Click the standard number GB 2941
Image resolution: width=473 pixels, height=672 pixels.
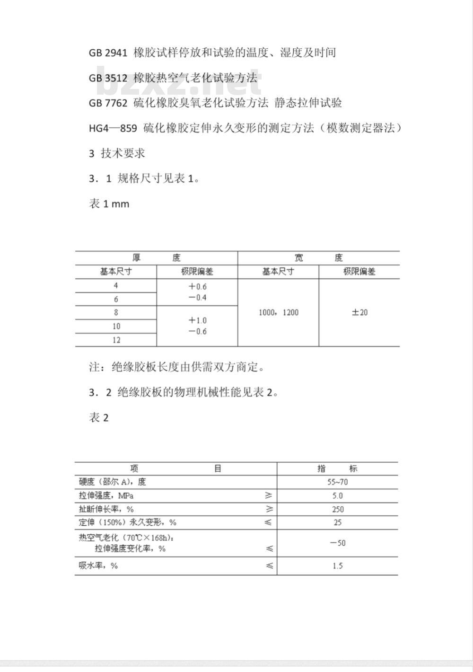coord(108,53)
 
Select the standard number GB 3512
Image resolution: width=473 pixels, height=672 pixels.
coord(108,78)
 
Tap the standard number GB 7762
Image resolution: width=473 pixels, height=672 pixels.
coord(108,103)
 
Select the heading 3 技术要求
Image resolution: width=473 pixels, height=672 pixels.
coord(117,153)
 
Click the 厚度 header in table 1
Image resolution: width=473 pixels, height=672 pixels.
coord(156,258)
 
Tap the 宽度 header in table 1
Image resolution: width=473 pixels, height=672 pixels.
coord(318,258)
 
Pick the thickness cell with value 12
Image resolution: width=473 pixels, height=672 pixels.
coord(116,340)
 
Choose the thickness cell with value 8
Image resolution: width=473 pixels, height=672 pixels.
coord(116,312)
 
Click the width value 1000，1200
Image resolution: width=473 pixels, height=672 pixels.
coord(279,312)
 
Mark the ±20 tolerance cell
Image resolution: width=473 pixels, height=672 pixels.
coord(359,312)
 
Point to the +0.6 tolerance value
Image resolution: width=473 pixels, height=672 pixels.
coord(197,287)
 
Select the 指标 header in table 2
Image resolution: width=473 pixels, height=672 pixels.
coord(337,469)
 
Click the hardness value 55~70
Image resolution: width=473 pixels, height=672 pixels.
coord(337,482)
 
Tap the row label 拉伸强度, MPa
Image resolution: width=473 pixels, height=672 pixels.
coord(106,495)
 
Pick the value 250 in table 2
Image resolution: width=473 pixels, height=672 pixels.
coord(337,509)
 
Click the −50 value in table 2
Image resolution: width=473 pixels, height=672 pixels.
coord(337,543)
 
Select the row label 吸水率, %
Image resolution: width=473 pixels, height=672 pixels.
coord(98,566)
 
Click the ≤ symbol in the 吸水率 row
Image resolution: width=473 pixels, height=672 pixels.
coord(269,566)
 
